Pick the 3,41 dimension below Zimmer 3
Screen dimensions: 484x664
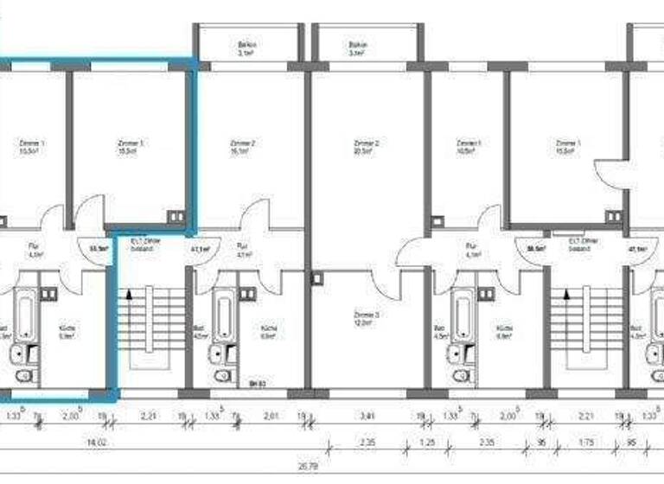[370, 416]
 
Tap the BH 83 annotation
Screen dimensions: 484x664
[257, 382]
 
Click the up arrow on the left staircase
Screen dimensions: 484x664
[131, 294]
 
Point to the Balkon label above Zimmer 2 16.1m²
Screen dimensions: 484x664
[249, 48]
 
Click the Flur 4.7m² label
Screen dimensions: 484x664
[244, 252]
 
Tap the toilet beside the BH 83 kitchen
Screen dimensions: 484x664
[221, 377]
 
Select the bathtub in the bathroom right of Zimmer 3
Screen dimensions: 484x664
[460, 311]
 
